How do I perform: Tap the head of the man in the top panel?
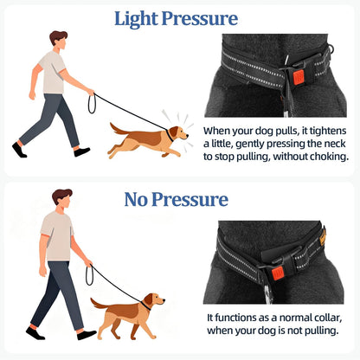[x=57, y=39]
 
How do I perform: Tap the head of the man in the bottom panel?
[x=62, y=197]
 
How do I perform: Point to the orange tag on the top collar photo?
[x=298, y=77]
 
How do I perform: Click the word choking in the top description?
[x=322, y=158]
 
